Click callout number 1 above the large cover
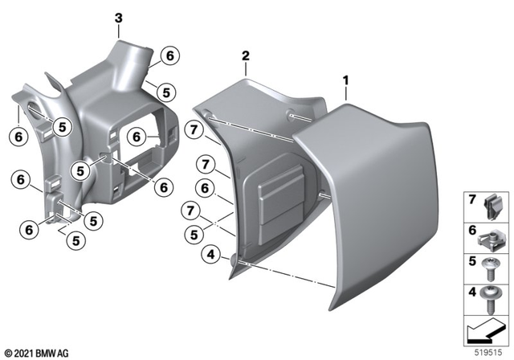[x=345, y=81]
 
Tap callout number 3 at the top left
[x=118, y=18]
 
